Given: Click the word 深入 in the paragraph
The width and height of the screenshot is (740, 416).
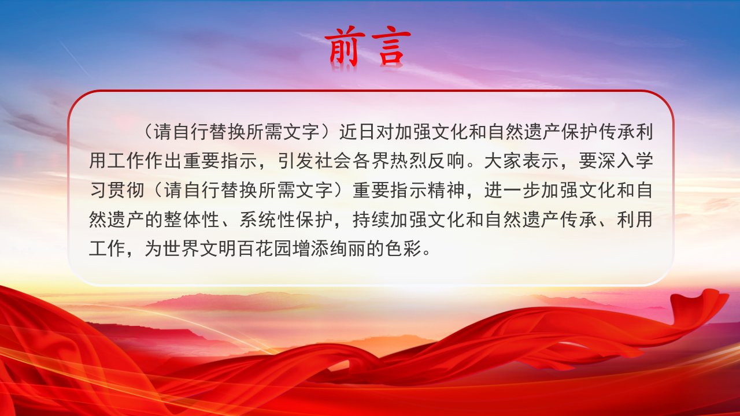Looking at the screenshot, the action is (x=616, y=161).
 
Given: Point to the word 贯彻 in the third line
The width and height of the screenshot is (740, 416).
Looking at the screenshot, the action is (x=126, y=191).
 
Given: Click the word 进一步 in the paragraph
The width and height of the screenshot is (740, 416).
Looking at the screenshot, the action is (x=512, y=191).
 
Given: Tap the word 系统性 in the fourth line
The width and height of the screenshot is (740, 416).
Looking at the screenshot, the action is (x=267, y=220).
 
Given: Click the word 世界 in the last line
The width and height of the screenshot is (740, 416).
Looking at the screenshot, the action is (x=182, y=248).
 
